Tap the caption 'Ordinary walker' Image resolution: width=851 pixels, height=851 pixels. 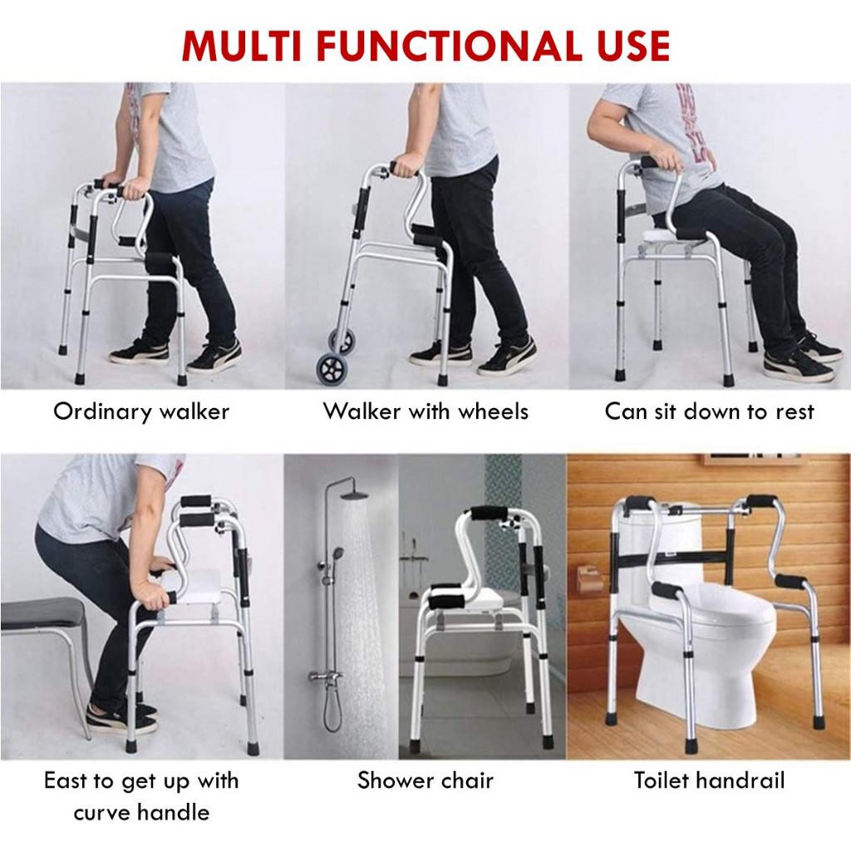pos(141,411)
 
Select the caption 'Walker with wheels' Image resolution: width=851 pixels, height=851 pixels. pos(425,411)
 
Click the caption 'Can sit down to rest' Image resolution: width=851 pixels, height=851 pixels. pos(709,411)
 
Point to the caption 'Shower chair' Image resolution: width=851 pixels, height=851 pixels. pos(425,780)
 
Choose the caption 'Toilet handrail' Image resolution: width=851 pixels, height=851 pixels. pos(709,780)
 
